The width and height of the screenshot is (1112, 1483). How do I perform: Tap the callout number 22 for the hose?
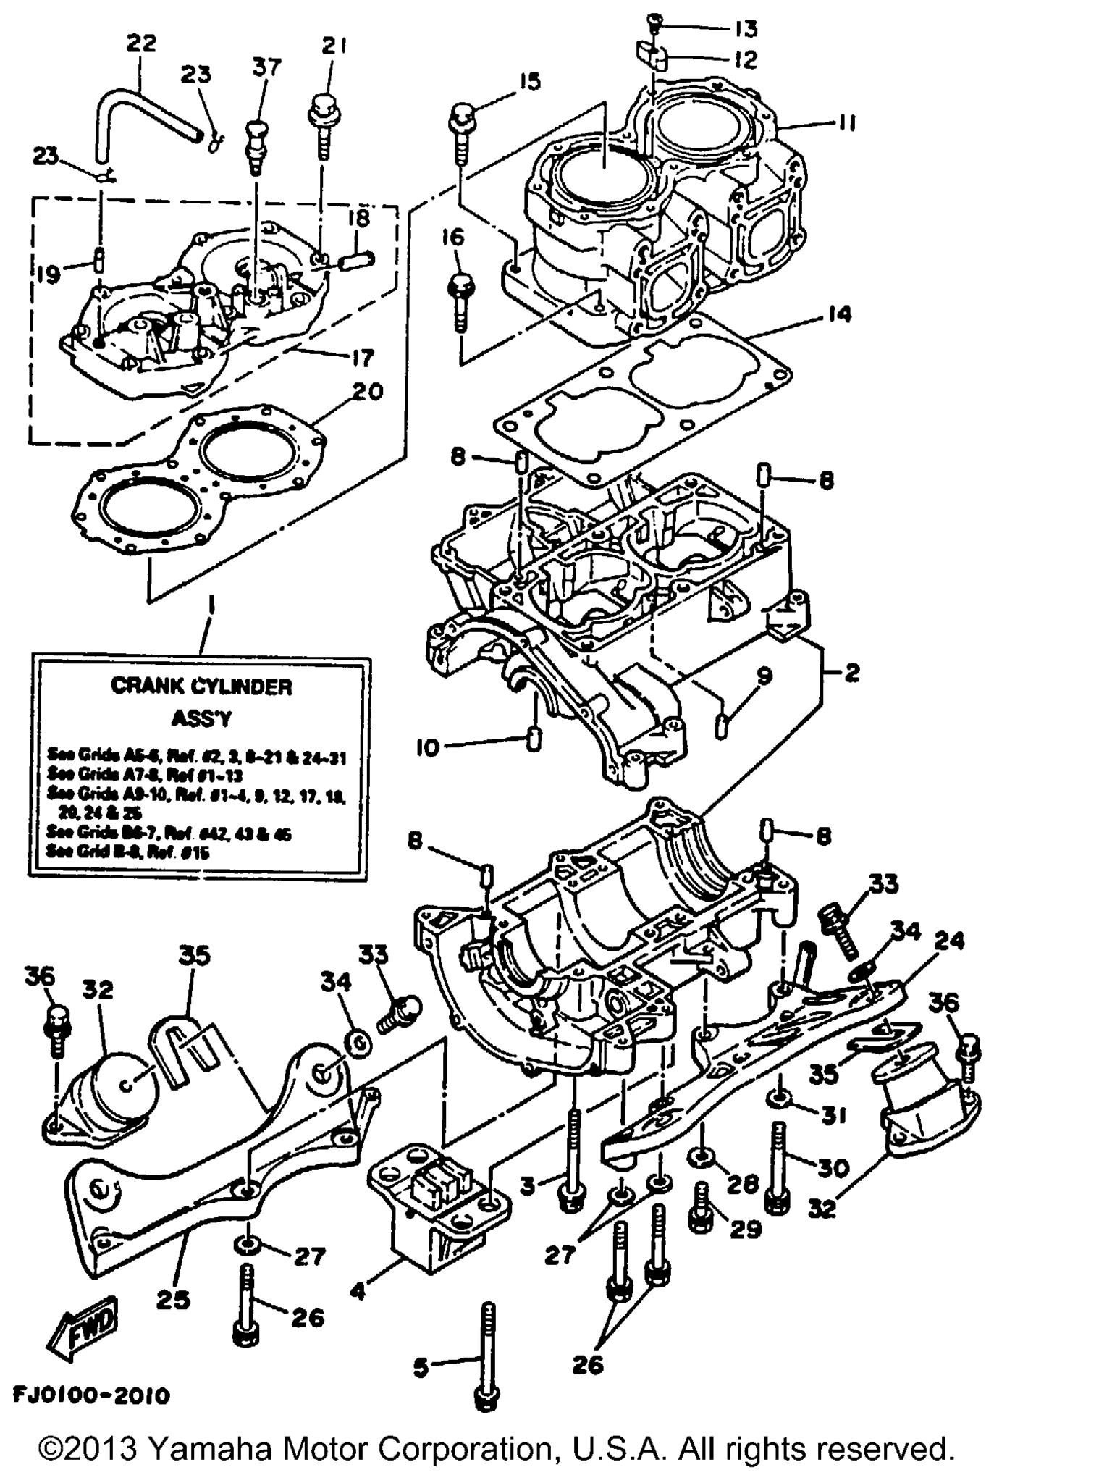pyautogui.click(x=140, y=43)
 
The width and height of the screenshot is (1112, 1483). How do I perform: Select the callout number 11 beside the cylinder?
pyautogui.click(x=844, y=125)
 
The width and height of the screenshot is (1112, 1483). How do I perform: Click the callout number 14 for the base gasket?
pyautogui.click(x=839, y=314)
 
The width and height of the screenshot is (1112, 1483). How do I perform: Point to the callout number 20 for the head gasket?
pyautogui.click(x=367, y=392)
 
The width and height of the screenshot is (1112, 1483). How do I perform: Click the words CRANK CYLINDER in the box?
pyautogui.click(x=201, y=686)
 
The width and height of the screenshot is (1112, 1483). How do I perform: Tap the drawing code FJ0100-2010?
pyautogui.click(x=91, y=1395)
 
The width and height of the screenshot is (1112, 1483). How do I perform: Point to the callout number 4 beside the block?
pyautogui.click(x=358, y=1290)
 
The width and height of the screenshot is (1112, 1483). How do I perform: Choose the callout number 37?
pyautogui.click(x=266, y=67)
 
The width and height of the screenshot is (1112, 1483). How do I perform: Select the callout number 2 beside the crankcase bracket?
pyautogui.click(x=852, y=673)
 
